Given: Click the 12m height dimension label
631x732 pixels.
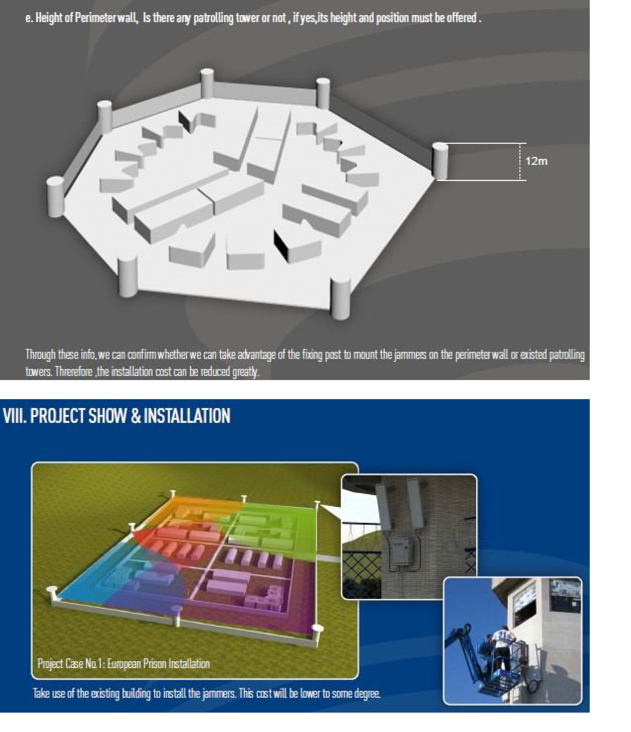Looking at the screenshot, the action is (536, 161).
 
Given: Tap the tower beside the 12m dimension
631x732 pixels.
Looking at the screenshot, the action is (440, 161).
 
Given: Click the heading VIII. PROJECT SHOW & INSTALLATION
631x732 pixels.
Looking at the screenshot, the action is (116, 416).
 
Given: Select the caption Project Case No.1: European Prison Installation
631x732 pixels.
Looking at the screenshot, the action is (123, 664).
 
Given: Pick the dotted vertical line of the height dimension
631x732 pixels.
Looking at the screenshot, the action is (520, 161).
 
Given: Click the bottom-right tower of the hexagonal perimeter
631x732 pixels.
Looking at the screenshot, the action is (340, 299).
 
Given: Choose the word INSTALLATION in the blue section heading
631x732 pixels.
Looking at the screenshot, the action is (187, 416).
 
